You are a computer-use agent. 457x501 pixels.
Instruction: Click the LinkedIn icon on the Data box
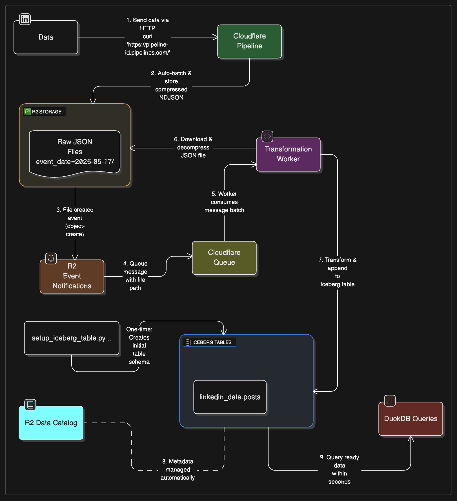pyautogui.click(x=25, y=19)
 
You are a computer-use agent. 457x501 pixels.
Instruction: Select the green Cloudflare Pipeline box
pyautogui.click(x=249, y=41)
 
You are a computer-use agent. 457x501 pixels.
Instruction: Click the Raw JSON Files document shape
pyautogui.click(x=75, y=152)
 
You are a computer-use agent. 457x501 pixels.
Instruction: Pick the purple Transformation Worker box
pyautogui.click(x=288, y=154)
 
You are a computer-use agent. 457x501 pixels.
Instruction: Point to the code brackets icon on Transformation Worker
pyautogui.click(x=267, y=137)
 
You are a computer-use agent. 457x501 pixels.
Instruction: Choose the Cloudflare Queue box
pyautogui.click(x=224, y=257)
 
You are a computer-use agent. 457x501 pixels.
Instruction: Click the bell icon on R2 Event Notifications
pyautogui.click(x=51, y=258)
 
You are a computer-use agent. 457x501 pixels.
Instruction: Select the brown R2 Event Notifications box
pyautogui.click(x=72, y=277)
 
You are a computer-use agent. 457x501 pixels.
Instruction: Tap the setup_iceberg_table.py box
pyautogui.click(x=71, y=338)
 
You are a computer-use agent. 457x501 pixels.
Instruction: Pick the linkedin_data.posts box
pyautogui.click(x=230, y=397)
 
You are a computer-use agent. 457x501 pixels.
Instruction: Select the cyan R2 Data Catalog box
pyautogui.click(x=51, y=423)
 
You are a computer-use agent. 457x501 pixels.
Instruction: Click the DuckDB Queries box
pyautogui.click(x=411, y=419)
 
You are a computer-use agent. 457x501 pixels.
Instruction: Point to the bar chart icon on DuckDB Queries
pyautogui.click(x=390, y=401)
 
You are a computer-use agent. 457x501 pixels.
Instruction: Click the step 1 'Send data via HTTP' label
pyautogui.click(x=147, y=36)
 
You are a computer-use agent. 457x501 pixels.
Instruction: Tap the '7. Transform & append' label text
pyautogui.click(x=337, y=272)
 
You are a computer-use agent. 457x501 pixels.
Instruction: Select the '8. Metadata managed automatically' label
pyautogui.click(x=178, y=469)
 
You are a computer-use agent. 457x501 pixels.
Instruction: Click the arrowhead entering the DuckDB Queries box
pyautogui.click(x=411, y=438)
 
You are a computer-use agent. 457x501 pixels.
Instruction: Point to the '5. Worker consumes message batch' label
pyautogui.click(x=224, y=202)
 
